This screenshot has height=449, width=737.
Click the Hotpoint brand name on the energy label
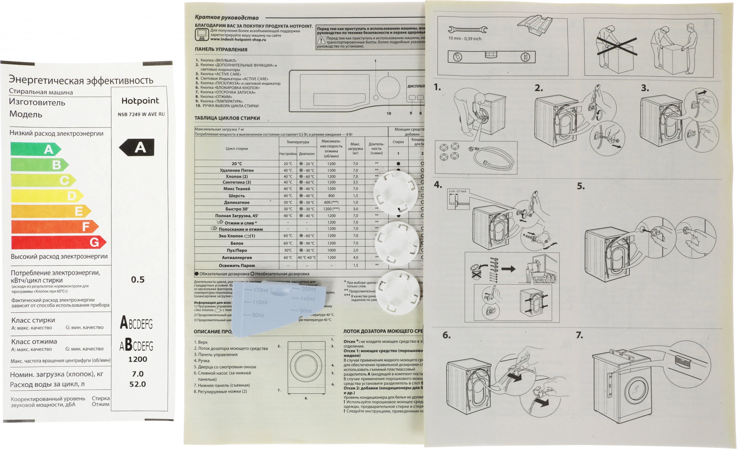(x=140, y=101)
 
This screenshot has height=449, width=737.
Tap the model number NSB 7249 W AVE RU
(x=141, y=114)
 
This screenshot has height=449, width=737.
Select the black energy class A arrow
(x=137, y=147)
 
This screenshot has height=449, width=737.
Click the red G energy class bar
(x=58, y=242)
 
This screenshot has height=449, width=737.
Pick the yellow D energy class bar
(x=47, y=196)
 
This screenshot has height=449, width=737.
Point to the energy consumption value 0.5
(x=138, y=280)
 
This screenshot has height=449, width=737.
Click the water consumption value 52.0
(x=137, y=384)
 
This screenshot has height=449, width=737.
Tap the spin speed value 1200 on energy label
(x=137, y=359)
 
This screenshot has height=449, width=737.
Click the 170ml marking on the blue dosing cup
(x=260, y=290)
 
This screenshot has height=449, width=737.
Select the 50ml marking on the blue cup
(x=258, y=315)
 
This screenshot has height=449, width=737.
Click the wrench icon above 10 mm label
(x=467, y=29)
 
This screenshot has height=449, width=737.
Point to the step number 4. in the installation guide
(x=438, y=185)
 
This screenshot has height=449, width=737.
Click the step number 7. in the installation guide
(x=579, y=335)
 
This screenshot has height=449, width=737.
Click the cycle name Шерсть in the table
(x=237, y=196)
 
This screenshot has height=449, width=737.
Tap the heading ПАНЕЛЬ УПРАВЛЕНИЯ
(x=221, y=49)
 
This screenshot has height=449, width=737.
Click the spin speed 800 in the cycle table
(x=331, y=196)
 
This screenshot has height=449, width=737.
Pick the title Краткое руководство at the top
(x=227, y=17)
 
